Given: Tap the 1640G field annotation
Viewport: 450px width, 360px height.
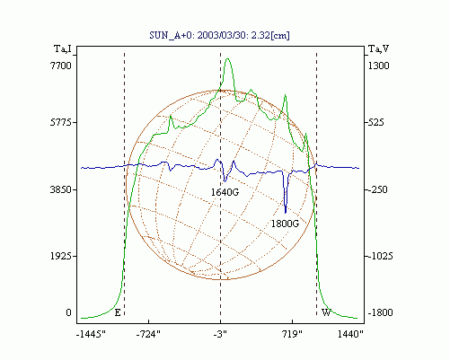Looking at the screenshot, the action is pos(225,192).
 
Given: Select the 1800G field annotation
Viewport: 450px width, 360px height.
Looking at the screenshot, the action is pos(285,224).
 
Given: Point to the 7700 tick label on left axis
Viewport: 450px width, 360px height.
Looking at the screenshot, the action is pos(61,66).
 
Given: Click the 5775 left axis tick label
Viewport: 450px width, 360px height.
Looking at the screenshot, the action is pos(61,122).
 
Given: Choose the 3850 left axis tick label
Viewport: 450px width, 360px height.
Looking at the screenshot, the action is pos(61,189).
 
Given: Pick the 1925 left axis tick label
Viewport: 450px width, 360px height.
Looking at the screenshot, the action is pos(61,256).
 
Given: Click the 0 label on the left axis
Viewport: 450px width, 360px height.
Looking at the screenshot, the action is pos(68,312).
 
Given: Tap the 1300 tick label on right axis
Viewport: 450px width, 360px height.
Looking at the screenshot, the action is pos(378,66).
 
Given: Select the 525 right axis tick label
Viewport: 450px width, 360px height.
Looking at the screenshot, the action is pos(375,122).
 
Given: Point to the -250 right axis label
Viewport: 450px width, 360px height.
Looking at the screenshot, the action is pos(377,189).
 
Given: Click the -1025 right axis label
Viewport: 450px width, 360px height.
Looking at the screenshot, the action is pos(380,256).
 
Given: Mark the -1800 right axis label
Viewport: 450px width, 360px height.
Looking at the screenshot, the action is pos(380,312).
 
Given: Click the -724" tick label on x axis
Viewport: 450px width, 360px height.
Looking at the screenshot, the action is pos(148,334).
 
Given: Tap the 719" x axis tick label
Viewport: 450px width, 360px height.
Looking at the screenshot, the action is pos(293,334).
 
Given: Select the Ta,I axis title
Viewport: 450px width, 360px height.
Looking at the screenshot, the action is pos(63,48).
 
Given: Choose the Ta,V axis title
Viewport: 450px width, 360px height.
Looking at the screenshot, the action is pos(378,48).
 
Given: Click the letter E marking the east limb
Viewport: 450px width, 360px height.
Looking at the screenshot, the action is pos(118,312).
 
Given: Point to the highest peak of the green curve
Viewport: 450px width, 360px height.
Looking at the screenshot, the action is pos(227,58).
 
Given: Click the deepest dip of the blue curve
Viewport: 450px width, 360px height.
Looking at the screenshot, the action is pos(286,213).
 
